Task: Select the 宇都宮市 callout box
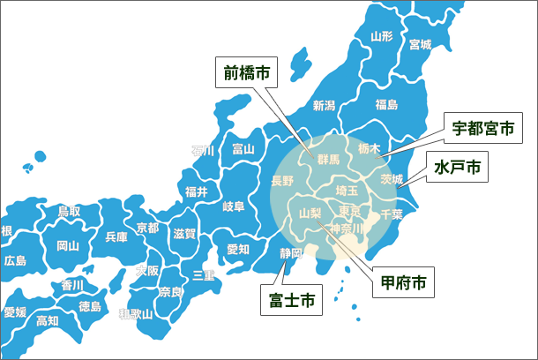[x=482, y=129]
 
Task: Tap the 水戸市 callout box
[x=457, y=169]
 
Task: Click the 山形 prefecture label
[x=382, y=37]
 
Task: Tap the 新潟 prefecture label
[x=325, y=106]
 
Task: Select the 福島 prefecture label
[x=386, y=104]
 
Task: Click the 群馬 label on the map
[x=327, y=160]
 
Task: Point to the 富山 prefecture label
[x=243, y=149]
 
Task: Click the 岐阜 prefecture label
[x=234, y=206]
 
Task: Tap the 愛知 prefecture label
[x=238, y=249]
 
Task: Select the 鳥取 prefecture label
[x=69, y=211]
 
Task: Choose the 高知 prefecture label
[x=48, y=320]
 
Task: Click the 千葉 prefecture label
[x=391, y=214]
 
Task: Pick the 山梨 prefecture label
[x=310, y=213]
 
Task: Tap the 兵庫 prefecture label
[x=116, y=236]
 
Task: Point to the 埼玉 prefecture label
[x=347, y=190]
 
